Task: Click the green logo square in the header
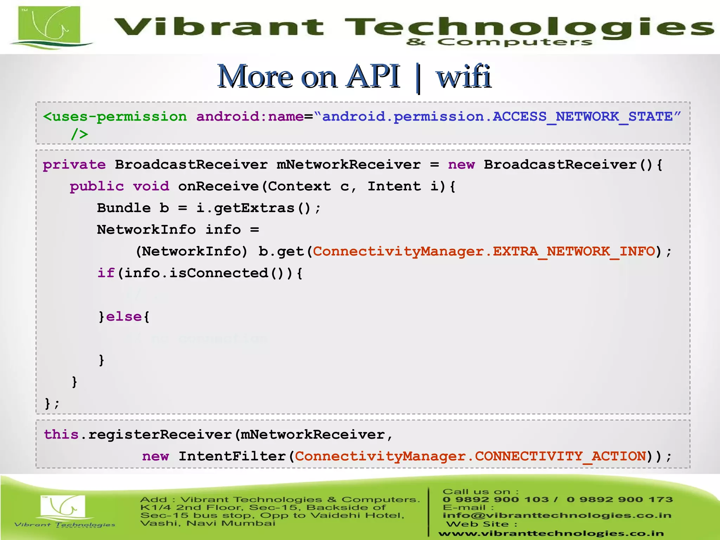click(49, 25)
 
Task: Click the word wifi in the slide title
click(463, 76)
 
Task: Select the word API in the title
click(373, 76)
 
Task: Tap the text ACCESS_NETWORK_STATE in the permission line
click(583, 116)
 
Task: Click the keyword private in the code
click(74, 165)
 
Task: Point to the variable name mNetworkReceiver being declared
click(348, 165)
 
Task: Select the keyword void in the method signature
click(151, 186)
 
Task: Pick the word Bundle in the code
click(124, 208)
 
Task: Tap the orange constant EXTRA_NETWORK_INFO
click(574, 251)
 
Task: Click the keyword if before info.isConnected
click(106, 273)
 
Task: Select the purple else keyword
click(124, 317)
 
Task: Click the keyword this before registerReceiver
click(61, 435)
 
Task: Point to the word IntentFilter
click(232, 456)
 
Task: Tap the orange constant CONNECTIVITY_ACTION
click(560, 456)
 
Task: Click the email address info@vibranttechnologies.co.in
click(557, 515)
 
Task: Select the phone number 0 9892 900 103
click(496, 500)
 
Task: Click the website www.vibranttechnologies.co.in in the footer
click(551, 534)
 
